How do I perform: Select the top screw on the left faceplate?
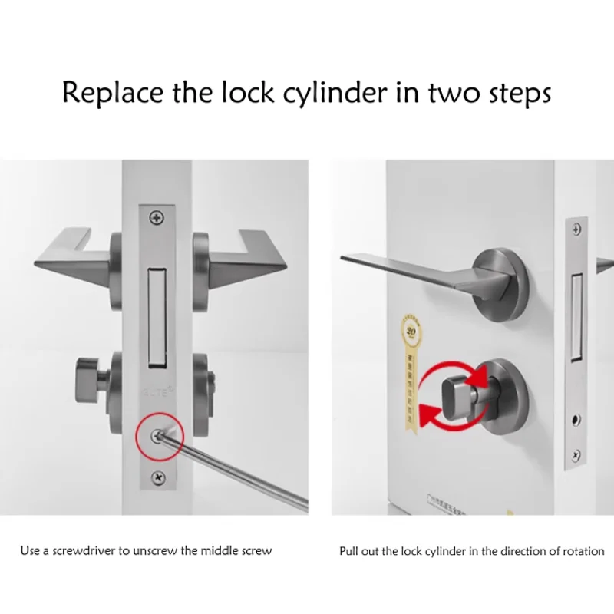[157, 219]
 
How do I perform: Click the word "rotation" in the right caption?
[583, 551]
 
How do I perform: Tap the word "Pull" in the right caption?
[348, 551]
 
